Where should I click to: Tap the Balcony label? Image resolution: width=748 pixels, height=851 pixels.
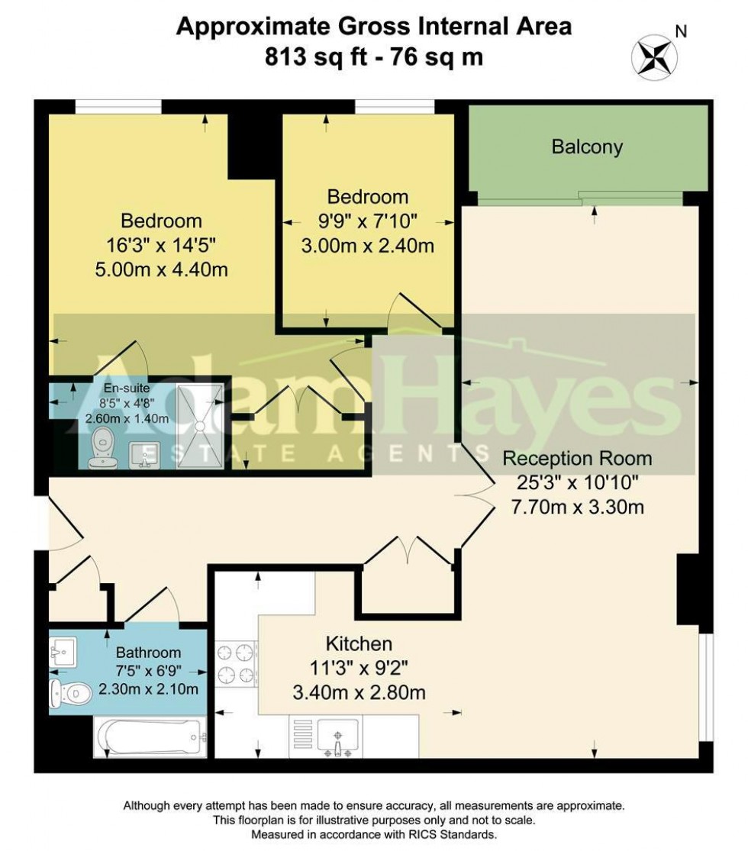tap(587, 147)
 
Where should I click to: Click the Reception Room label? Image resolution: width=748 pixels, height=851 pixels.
tap(577, 459)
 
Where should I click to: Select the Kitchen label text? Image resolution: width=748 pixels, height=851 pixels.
tap(359, 643)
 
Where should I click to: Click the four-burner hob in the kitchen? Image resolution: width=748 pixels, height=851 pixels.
tap(236, 664)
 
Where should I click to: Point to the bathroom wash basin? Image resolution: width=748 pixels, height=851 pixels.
tap(63, 652)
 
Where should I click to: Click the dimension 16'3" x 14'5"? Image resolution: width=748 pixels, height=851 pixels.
tap(162, 246)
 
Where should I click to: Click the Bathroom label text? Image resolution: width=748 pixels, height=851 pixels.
tap(148, 653)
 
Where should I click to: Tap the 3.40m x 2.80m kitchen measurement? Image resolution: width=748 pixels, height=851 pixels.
tap(359, 693)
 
